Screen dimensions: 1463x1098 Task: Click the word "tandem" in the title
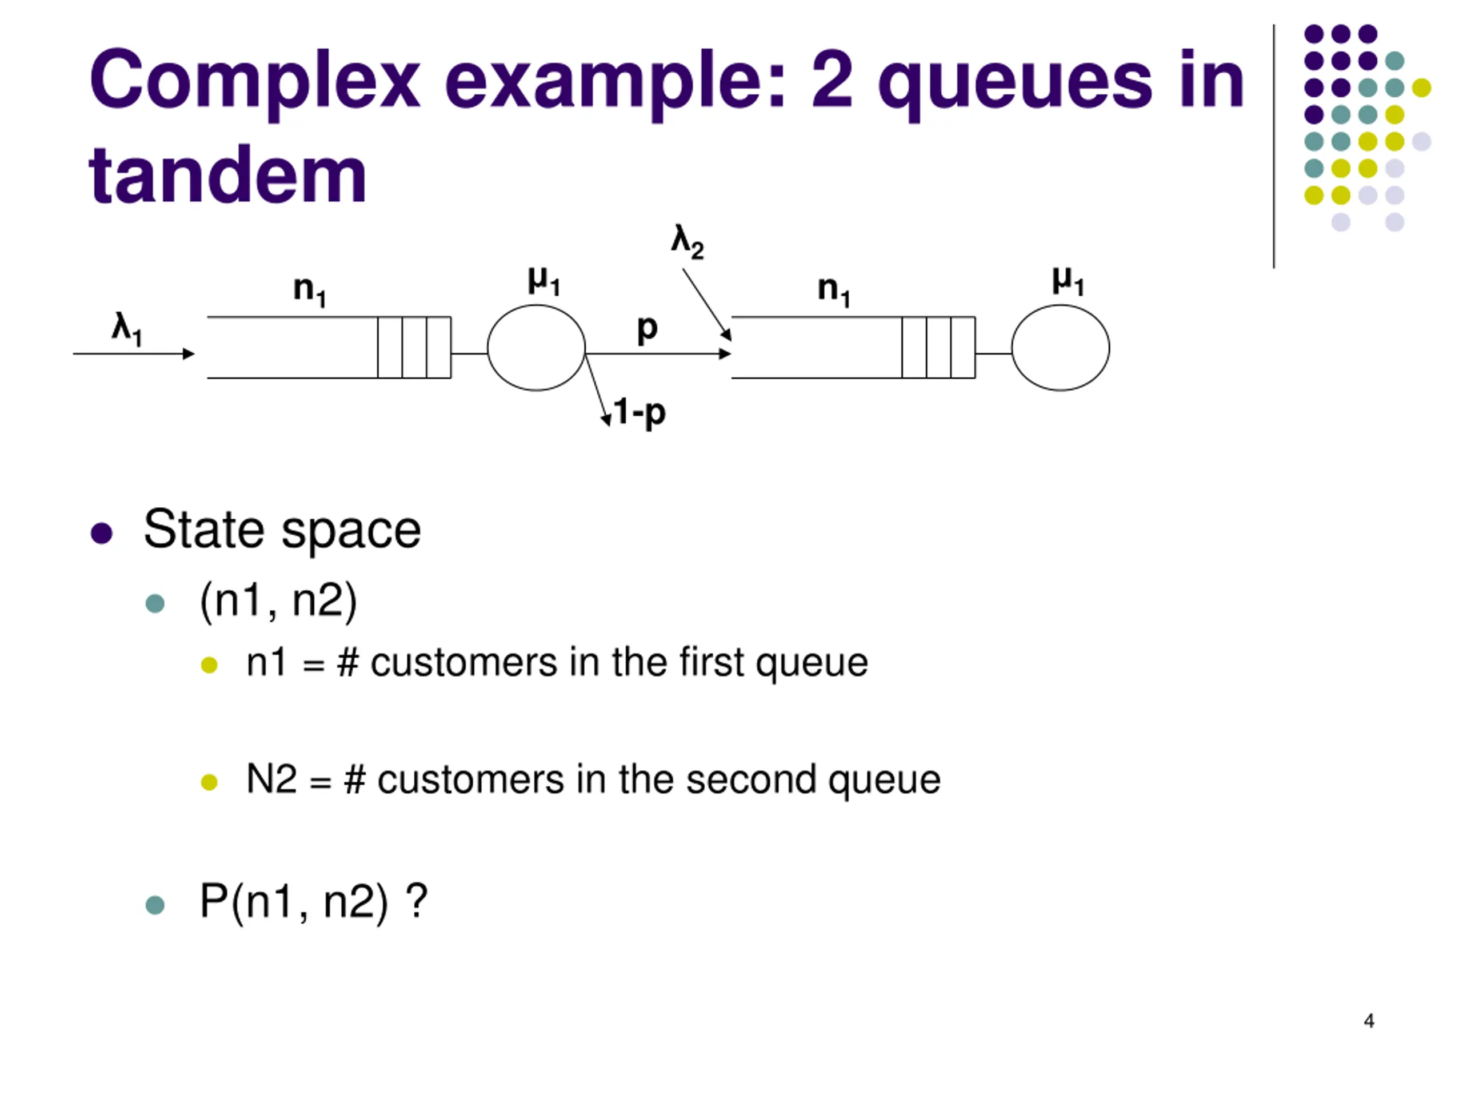227,175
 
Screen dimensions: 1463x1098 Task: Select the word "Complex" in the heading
255,81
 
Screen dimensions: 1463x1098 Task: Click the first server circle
537,348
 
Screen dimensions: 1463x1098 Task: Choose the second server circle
1060,348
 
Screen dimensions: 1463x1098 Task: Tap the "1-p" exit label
639,412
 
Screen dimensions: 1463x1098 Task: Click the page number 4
1369,1021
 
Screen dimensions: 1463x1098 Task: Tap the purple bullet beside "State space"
101,533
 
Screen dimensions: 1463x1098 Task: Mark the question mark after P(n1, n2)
417,901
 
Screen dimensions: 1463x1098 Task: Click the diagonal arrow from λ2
706,304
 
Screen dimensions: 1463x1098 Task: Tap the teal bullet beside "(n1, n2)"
155,603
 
